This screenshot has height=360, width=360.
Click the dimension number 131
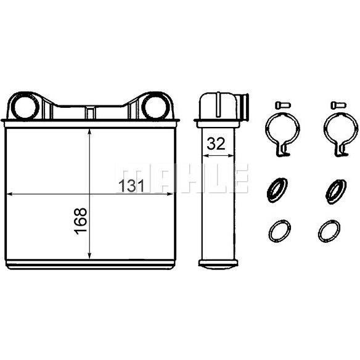coord(131,186)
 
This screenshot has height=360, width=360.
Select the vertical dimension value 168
coord(80,221)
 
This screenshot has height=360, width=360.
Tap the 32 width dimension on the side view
coord(216,144)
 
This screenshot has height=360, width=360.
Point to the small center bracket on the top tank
coord(90,112)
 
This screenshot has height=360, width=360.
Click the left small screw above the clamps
coord(283,105)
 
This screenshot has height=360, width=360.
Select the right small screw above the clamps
coord(338,105)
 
